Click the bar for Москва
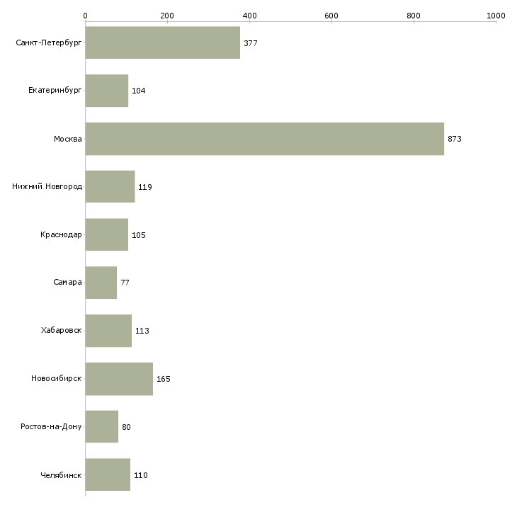[264, 139]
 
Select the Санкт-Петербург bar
[162, 43]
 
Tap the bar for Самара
[101, 283]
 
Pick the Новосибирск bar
[119, 379]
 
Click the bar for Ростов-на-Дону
[101, 427]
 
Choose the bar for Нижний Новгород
[110, 187]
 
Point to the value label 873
[454, 139]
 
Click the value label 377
[250, 43]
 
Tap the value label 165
[163, 379]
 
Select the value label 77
[125, 283]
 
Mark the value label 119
[144, 187]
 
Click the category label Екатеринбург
[55, 91]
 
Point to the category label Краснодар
[61, 235]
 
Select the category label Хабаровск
[62, 331]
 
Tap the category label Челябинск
[61, 475]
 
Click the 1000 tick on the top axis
[496, 15]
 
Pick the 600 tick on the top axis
[331, 15]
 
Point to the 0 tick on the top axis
[85, 15]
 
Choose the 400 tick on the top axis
[249, 15]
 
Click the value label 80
[126, 427]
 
